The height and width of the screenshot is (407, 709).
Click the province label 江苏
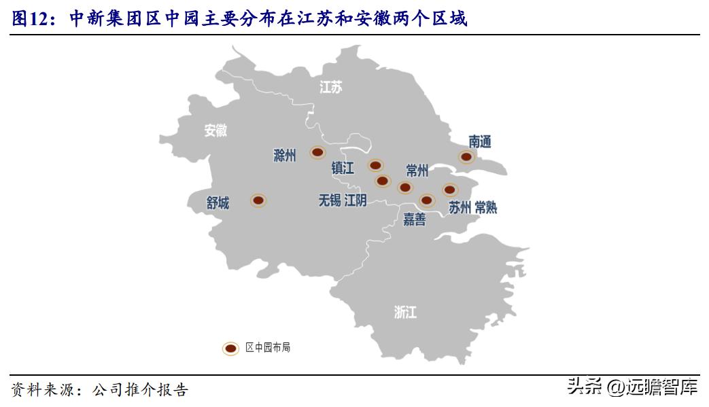tap(331, 87)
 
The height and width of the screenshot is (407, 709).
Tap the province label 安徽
tap(216, 130)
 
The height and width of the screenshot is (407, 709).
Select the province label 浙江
tap(405, 312)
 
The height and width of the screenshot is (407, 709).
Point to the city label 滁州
tap(284, 156)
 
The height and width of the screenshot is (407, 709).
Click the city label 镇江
tap(343, 168)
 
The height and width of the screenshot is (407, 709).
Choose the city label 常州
tap(417, 170)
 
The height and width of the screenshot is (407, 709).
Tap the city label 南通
tap(480, 141)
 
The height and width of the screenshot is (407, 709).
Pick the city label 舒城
tap(218, 202)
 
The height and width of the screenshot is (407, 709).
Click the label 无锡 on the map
tap(330, 200)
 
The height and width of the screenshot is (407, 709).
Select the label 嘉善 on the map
tap(415, 219)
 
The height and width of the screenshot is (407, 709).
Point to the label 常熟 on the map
tap(486, 208)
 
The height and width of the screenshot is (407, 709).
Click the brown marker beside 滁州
tap(317, 152)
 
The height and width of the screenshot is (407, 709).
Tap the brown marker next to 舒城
tap(258, 200)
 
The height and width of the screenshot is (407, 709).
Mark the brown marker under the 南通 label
tap(466, 156)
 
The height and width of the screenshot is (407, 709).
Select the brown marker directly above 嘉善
tap(426, 200)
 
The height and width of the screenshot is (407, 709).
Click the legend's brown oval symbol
tap(231, 348)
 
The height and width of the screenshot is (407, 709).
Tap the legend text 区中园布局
tap(268, 348)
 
